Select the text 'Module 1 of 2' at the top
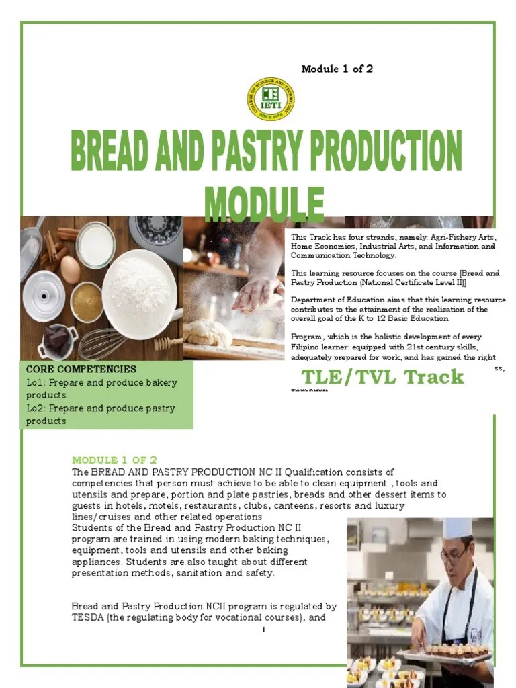click(x=337, y=69)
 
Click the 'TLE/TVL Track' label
click(x=382, y=376)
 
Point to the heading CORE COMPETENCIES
click(x=81, y=370)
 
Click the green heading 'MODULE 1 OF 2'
click(x=114, y=460)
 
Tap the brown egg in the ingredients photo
click(x=71, y=269)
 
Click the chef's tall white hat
click(x=458, y=529)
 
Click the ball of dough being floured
click(x=208, y=333)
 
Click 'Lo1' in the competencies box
click(x=34, y=383)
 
